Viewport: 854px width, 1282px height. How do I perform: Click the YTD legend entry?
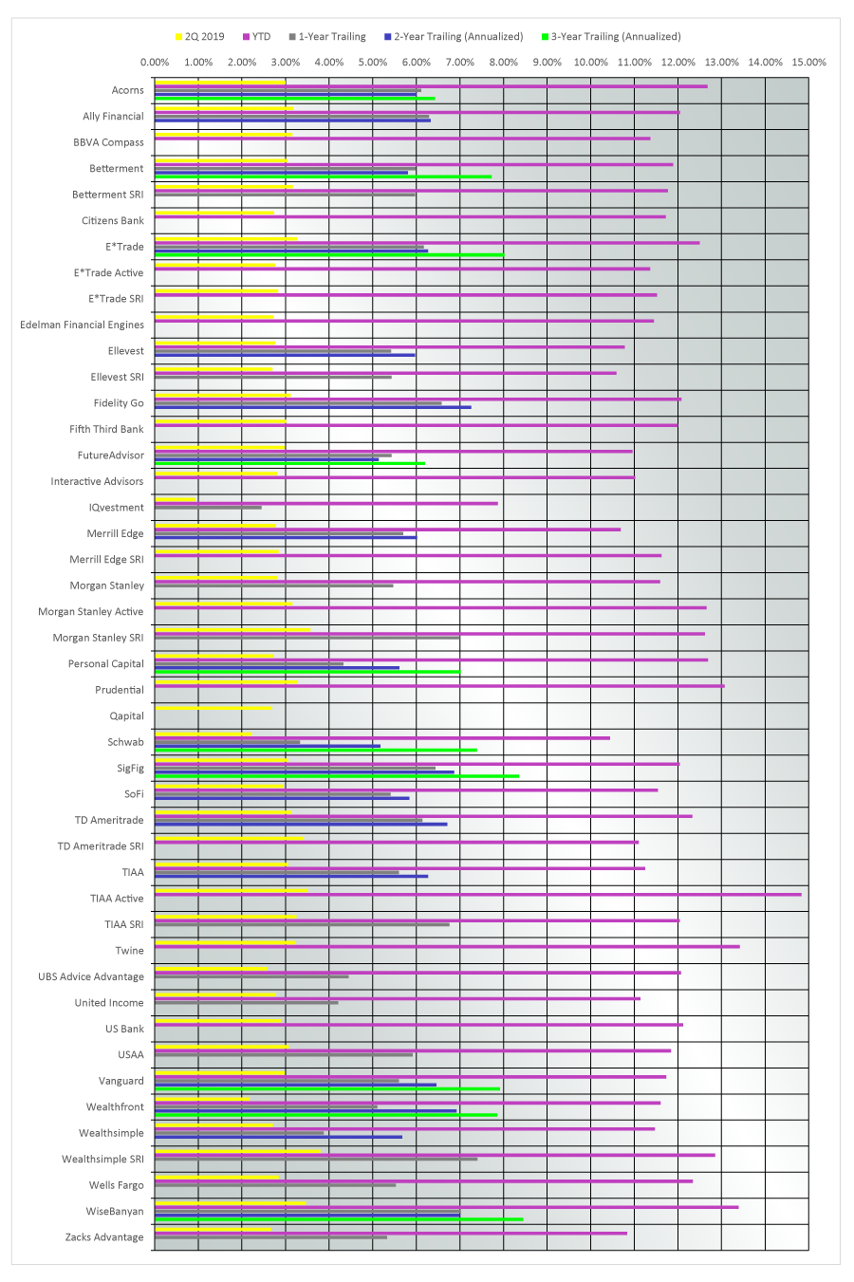pos(256,37)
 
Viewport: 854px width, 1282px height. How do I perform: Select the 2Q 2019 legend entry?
pos(200,37)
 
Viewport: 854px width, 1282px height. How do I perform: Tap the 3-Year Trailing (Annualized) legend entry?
pos(611,37)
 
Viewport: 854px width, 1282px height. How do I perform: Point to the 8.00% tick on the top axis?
pos(504,62)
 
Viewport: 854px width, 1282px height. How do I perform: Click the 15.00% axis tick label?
pos(808,62)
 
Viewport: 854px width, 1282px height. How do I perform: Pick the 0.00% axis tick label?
pos(155,62)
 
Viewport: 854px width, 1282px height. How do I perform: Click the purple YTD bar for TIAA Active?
pos(478,894)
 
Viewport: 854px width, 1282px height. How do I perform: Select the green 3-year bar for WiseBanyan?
pos(339,1219)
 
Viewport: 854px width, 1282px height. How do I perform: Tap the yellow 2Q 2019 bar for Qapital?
pos(213,708)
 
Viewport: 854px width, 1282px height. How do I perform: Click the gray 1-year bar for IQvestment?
pos(209,508)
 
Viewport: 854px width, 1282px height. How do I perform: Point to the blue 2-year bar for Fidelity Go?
pos(313,407)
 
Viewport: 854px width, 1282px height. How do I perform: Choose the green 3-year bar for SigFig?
pos(337,776)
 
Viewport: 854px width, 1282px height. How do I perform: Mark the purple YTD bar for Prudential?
pos(439,686)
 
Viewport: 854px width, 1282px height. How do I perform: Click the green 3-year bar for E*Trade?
pos(329,254)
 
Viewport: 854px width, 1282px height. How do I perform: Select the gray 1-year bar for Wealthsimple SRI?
pos(316,1159)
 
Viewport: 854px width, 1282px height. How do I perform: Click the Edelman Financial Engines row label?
pos(82,325)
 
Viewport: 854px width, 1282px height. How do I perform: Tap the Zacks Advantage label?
pos(104,1236)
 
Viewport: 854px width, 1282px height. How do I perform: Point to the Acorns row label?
pos(128,90)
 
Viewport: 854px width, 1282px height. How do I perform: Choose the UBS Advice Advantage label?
pos(91,976)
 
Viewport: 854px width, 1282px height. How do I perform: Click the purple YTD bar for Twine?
pos(447,947)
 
